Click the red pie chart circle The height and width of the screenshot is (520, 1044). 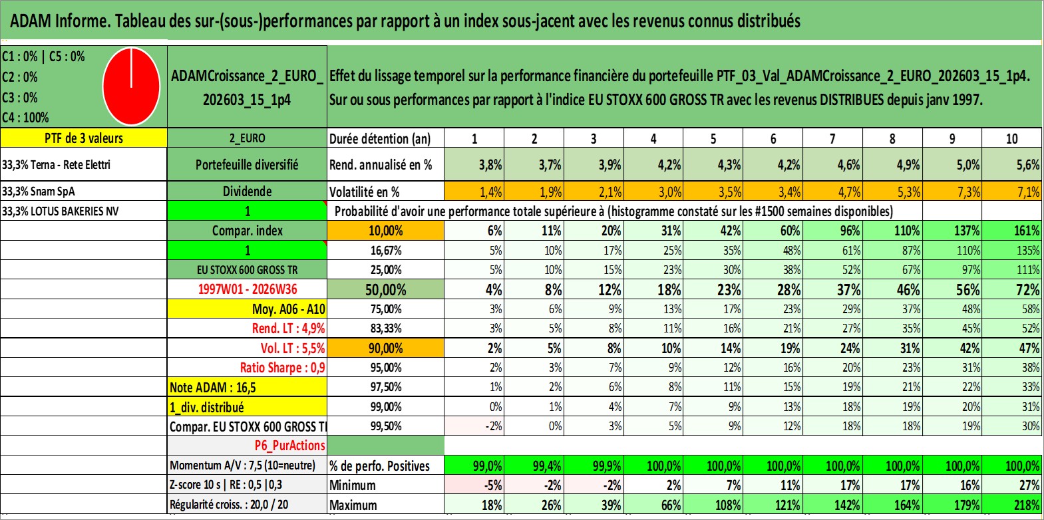point(132,86)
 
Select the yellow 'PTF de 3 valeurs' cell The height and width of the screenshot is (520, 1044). point(83,138)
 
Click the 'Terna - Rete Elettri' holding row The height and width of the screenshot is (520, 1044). point(83,164)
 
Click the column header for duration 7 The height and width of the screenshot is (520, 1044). point(832,138)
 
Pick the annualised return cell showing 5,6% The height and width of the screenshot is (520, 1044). point(1012,164)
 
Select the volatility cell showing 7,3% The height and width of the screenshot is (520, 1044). point(952,192)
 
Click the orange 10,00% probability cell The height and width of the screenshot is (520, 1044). point(385,231)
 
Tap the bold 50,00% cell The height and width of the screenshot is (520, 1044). point(385,289)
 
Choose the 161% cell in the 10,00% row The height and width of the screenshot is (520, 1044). point(1012,231)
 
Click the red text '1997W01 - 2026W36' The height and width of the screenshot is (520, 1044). point(248,289)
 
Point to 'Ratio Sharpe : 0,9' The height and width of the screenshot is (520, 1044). point(282,368)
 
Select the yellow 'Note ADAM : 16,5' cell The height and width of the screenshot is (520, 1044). point(247,387)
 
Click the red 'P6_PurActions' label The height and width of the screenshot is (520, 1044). point(289,446)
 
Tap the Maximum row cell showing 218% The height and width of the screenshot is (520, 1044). point(1012,505)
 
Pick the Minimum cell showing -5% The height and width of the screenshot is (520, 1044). point(474,485)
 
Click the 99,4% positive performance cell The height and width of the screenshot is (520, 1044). point(534,465)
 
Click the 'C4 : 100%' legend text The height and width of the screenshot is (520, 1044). point(26,118)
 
